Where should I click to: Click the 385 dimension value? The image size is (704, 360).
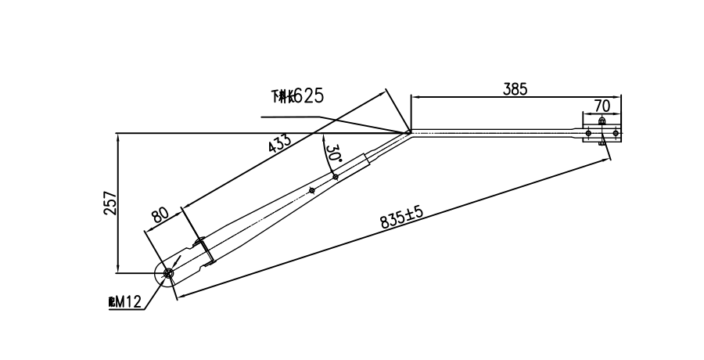click(515, 89)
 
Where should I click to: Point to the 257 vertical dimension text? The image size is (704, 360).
click(110, 203)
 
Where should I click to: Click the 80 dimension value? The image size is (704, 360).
click(161, 216)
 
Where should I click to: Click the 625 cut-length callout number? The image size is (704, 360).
click(307, 96)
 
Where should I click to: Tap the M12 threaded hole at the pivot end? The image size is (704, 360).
click(168, 273)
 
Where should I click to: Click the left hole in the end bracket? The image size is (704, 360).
click(588, 134)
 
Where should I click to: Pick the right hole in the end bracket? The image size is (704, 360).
click(616, 134)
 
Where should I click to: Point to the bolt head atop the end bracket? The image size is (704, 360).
click(602, 121)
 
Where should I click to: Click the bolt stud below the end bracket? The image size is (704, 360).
click(602, 143)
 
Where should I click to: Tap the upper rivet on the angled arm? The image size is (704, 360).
click(335, 177)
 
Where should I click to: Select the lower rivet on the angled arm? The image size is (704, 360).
click(311, 189)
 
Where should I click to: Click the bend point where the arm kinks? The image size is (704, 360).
click(409, 132)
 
